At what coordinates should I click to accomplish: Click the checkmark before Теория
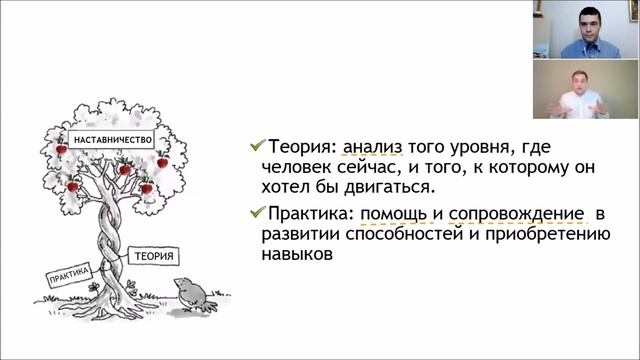[x=257, y=146]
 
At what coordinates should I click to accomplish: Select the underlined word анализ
[x=372, y=146]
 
